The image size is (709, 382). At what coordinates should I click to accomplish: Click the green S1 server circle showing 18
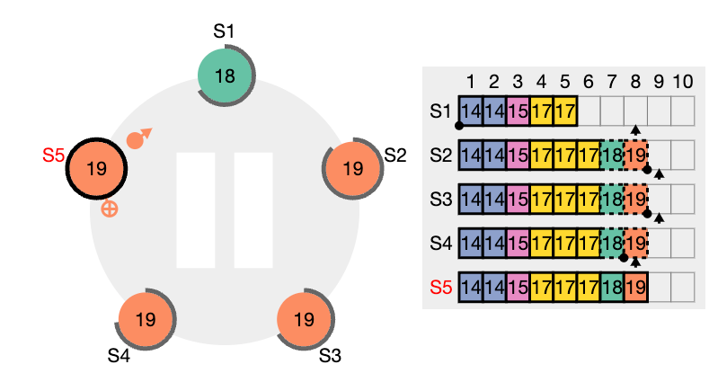[226, 76]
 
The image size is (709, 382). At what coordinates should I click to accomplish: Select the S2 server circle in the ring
[352, 169]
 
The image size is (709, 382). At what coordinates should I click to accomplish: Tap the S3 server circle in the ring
[305, 320]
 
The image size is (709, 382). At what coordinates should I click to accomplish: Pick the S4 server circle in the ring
[146, 320]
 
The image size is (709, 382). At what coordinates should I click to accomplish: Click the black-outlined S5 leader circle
[96, 169]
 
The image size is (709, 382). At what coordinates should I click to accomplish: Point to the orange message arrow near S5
[139, 138]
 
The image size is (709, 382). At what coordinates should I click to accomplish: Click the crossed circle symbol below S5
[110, 209]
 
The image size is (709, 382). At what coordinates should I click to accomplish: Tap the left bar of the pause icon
[195, 210]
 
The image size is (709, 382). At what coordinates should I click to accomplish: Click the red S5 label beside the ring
[53, 155]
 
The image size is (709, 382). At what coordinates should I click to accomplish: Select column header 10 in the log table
[683, 82]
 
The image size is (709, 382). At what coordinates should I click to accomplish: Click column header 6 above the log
[589, 82]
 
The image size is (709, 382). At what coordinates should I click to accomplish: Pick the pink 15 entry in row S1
[518, 111]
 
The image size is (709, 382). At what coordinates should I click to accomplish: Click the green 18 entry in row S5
[612, 287]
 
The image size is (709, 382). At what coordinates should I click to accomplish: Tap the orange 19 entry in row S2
[635, 155]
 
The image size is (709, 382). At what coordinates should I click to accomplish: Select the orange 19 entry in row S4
[635, 244]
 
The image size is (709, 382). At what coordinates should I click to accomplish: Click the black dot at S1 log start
[459, 126]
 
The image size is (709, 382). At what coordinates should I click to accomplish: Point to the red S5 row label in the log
[441, 287]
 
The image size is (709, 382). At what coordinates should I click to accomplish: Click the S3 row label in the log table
[441, 199]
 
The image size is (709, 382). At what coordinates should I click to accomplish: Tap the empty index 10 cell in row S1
[683, 111]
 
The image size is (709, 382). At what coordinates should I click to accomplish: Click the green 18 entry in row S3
[612, 199]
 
